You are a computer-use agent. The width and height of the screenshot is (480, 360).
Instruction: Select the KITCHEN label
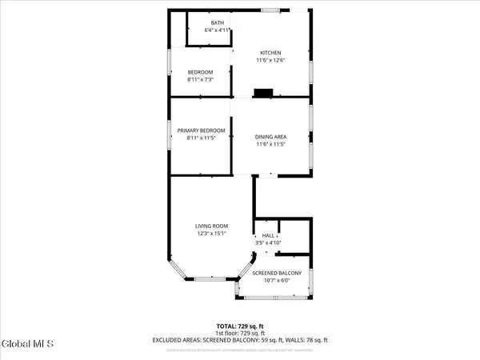pyautogui.click(x=271, y=53)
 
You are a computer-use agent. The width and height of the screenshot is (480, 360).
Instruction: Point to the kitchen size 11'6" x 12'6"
pyautogui.click(x=271, y=60)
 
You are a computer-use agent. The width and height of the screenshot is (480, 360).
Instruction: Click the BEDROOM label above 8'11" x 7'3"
pyautogui.click(x=201, y=72)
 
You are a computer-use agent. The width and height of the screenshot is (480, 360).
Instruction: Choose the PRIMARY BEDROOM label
pyautogui.click(x=201, y=130)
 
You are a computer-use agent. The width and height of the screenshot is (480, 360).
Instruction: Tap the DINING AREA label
pyautogui.click(x=271, y=137)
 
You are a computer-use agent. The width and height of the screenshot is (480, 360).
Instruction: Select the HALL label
pyautogui.click(x=269, y=236)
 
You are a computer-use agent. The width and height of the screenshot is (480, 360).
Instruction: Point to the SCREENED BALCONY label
pyautogui.click(x=277, y=274)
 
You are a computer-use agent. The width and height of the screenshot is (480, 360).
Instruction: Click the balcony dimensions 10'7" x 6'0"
pyautogui.click(x=277, y=281)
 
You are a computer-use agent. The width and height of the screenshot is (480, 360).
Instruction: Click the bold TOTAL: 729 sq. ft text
pyautogui.click(x=240, y=326)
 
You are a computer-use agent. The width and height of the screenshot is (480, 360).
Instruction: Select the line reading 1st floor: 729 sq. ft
pyautogui.click(x=240, y=333)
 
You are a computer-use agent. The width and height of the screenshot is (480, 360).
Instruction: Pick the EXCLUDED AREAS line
pyautogui.click(x=240, y=340)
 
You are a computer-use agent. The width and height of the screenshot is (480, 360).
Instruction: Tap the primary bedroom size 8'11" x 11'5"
pyautogui.click(x=201, y=138)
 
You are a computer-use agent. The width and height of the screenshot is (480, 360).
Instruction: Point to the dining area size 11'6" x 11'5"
pyautogui.click(x=271, y=144)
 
